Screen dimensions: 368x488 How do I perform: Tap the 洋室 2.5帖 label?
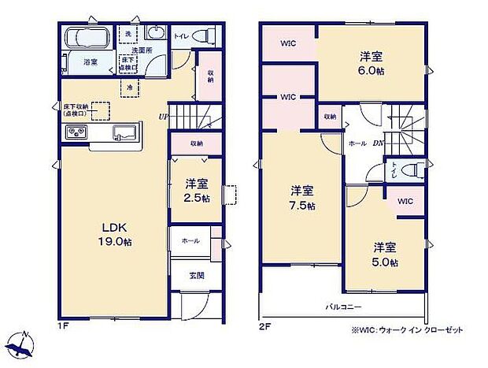click(x=197, y=190)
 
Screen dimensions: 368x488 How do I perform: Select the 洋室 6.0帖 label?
click(x=372, y=62)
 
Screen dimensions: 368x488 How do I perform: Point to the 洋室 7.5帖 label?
click(x=301, y=198)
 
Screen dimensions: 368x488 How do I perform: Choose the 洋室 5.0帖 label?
click(x=385, y=253)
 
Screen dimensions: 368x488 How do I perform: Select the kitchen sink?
click(x=124, y=132)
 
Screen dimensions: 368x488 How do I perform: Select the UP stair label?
click(x=162, y=118)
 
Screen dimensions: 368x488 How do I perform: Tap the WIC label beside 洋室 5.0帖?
click(x=405, y=202)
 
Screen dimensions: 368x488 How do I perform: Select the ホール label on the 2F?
click(x=357, y=144)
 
